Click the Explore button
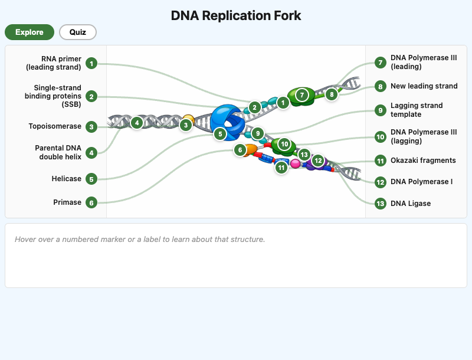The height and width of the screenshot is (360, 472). [29, 32]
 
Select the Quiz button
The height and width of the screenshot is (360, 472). [77, 32]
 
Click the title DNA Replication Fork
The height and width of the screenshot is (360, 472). [236, 15]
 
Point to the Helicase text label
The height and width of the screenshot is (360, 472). [67, 179]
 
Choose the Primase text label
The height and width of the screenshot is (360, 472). [67, 202]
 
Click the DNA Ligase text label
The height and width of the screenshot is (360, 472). [411, 204]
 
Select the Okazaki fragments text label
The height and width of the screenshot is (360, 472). [423, 161]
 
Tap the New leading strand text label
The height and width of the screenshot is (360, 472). [424, 86]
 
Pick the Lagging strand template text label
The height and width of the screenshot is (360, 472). [417, 110]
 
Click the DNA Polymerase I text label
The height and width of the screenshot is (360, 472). [421, 182]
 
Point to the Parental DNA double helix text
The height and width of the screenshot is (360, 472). [58, 152]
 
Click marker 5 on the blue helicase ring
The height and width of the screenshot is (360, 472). [220, 134]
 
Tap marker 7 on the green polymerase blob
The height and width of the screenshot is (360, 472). [302, 94]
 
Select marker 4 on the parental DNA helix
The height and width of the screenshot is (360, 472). [137, 123]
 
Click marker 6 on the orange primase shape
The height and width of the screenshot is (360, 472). [240, 150]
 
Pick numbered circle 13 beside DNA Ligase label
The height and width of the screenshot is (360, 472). [381, 204]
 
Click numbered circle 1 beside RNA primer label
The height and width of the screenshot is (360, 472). [91, 63]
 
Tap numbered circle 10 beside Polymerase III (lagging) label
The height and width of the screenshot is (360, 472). [381, 137]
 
